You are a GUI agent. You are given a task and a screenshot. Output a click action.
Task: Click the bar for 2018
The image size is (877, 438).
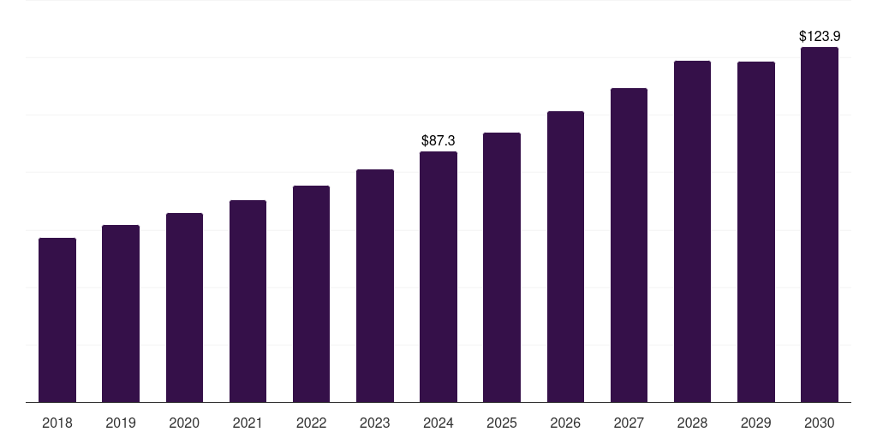tap(57, 320)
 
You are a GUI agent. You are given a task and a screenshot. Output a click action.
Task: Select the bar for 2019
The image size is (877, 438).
tap(121, 313)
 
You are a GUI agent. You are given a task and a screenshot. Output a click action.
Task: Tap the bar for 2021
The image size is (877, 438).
tap(248, 301)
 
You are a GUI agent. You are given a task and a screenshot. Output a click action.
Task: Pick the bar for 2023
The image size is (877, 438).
tap(375, 286)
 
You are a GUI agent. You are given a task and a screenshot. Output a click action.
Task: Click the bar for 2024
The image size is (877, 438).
tap(438, 276)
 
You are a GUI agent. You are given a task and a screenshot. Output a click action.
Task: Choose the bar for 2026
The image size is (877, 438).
tap(565, 257)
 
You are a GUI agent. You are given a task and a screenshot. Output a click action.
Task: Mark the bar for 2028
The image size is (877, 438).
tap(692, 231)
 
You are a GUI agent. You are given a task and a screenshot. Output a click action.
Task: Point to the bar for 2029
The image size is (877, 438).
tap(756, 232)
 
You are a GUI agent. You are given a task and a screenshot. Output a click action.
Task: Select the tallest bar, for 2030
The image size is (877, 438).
tap(820, 224)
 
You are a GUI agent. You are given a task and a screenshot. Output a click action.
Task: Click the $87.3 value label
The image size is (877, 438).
tap(438, 140)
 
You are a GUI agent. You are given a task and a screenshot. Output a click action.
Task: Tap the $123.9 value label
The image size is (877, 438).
tap(820, 36)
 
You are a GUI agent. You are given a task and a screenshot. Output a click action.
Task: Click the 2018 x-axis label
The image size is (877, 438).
tap(57, 423)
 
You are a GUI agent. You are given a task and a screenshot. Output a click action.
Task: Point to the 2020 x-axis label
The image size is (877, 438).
tap(184, 423)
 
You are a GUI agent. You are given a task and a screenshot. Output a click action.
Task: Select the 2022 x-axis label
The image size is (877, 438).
tap(311, 423)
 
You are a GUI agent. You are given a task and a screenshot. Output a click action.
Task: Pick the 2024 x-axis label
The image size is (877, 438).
tap(438, 423)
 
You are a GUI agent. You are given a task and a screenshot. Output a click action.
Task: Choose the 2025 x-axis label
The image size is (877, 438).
tap(502, 423)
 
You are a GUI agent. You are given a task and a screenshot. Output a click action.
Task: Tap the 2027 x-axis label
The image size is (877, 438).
tap(629, 423)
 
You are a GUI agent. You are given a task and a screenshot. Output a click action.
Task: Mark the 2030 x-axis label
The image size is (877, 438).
tap(820, 423)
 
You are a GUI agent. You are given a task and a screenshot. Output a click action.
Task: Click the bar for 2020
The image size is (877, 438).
tap(184, 307)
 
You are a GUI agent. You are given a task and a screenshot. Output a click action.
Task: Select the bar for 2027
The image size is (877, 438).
tap(629, 245)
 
